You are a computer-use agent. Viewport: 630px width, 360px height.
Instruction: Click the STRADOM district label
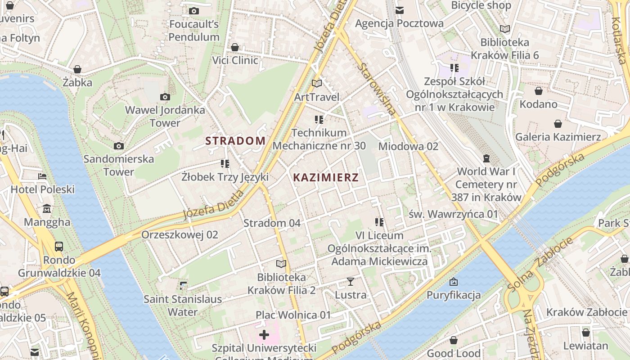click(235, 141)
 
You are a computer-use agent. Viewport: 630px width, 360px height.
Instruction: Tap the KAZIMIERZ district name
click(326, 178)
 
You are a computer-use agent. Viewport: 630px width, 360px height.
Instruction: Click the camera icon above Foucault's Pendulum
click(194, 11)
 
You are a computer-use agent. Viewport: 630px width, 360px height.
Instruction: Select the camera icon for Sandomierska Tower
click(119, 146)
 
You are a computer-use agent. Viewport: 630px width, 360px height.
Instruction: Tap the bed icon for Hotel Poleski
click(42, 176)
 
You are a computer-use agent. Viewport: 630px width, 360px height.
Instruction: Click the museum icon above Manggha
click(47, 209)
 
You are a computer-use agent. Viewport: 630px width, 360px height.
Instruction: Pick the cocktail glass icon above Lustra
click(351, 282)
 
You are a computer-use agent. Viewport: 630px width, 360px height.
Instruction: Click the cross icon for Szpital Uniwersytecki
click(264, 335)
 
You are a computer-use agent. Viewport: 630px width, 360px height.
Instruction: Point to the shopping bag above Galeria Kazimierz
click(558, 124)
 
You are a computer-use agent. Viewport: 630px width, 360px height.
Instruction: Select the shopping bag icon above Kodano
click(538, 91)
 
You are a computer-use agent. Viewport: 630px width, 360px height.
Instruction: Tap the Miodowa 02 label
click(408, 146)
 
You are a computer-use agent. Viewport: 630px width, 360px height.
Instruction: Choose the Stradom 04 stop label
click(272, 223)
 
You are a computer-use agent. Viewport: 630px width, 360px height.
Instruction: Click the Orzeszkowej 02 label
click(180, 235)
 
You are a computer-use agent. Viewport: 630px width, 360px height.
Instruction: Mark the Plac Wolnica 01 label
click(293, 315)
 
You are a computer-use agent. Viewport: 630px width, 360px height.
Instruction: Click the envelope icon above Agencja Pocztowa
click(399, 10)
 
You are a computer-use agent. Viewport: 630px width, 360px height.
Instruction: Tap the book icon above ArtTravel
click(317, 84)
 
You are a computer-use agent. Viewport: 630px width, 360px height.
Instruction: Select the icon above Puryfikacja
click(454, 282)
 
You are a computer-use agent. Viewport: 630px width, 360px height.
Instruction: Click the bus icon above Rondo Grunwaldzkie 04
click(59, 246)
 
